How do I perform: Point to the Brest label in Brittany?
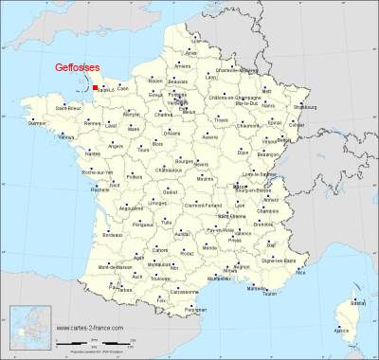[x=37, y=122]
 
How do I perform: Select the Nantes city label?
[x=92, y=152]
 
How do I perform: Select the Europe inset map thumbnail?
[x=27, y=326]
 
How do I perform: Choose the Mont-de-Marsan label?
[x=98, y=269]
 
